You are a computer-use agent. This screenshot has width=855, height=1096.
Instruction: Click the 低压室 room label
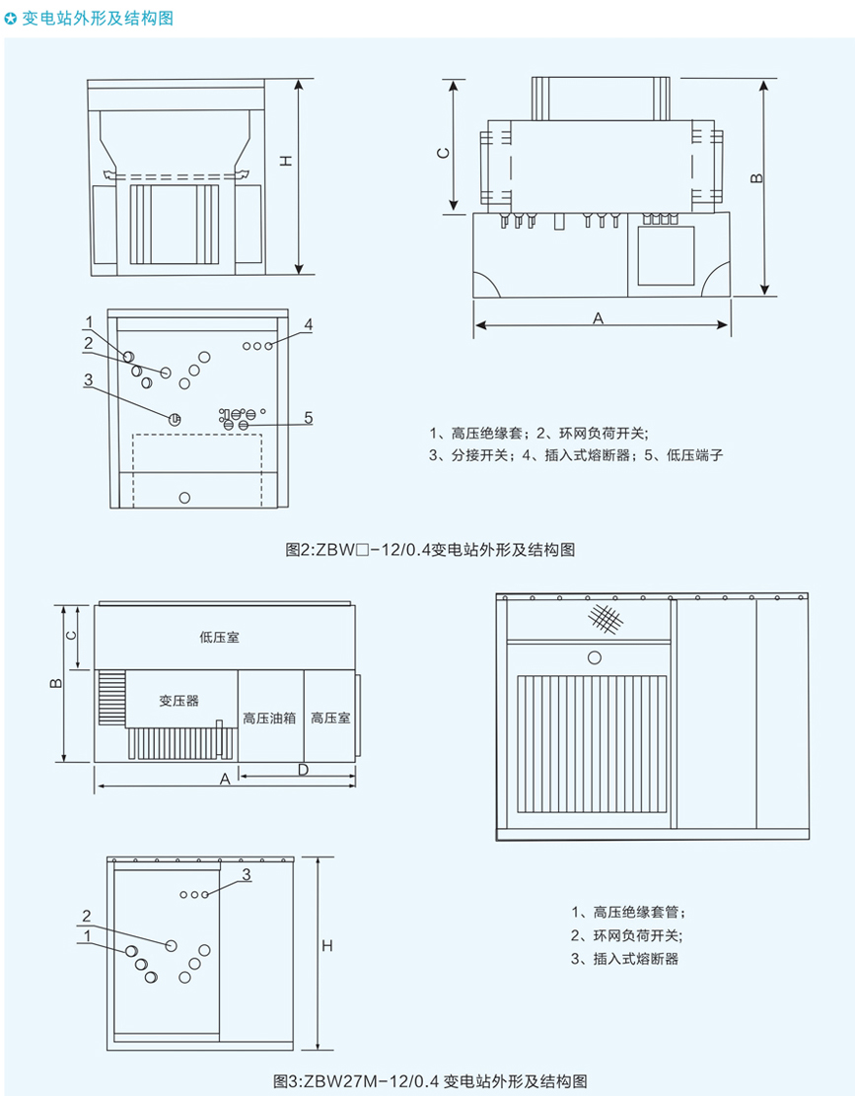218,638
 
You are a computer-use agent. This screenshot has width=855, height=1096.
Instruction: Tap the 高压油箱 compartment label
269,719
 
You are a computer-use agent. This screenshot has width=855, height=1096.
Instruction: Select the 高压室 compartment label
330,719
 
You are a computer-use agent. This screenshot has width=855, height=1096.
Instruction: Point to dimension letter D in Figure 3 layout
304,768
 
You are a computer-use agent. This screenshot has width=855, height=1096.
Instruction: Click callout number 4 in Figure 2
309,324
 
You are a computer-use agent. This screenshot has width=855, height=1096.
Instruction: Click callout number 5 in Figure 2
308,418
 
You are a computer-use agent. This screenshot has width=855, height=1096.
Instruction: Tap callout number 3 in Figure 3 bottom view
247,874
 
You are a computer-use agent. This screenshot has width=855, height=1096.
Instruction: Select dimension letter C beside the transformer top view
444,152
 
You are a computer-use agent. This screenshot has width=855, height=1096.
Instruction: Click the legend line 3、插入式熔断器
625,958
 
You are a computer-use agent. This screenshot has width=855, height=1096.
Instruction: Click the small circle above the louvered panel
594,657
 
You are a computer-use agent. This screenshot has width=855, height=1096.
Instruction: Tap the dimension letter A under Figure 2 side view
598,317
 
